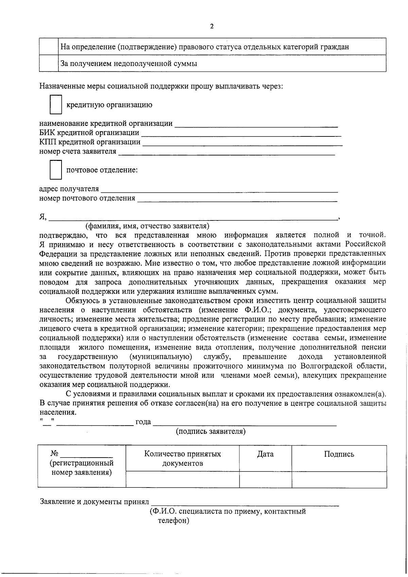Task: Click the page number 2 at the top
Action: pyautogui.click(x=212, y=27)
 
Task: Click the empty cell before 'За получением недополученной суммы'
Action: pyautogui.click(x=49, y=63)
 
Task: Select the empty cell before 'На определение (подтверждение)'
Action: pyautogui.click(x=49, y=47)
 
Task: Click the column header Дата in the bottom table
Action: pyautogui.click(x=265, y=454)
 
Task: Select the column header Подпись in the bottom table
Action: pyautogui.click(x=339, y=454)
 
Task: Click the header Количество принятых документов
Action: pyautogui.click(x=183, y=458)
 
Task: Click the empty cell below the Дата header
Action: pyautogui.click(x=265, y=479)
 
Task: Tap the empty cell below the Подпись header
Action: pyautogui.click(x=339, y=479)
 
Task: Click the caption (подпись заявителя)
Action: pyautogui.click(x=211, y=431)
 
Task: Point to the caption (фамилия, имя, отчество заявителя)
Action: pyautogui.click(x=147, y=226)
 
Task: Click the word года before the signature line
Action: pyautogui.click(x=143, y=422)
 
